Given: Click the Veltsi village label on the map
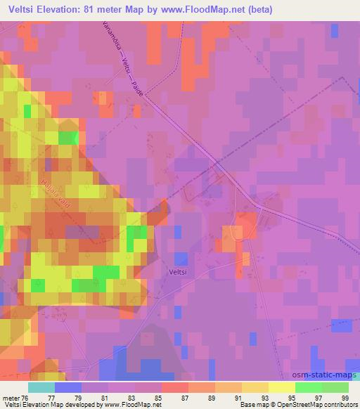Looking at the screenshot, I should click(177, 270).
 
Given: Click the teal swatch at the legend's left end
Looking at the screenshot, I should click(41, 387).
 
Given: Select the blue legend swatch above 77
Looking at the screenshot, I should click(67, 387).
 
